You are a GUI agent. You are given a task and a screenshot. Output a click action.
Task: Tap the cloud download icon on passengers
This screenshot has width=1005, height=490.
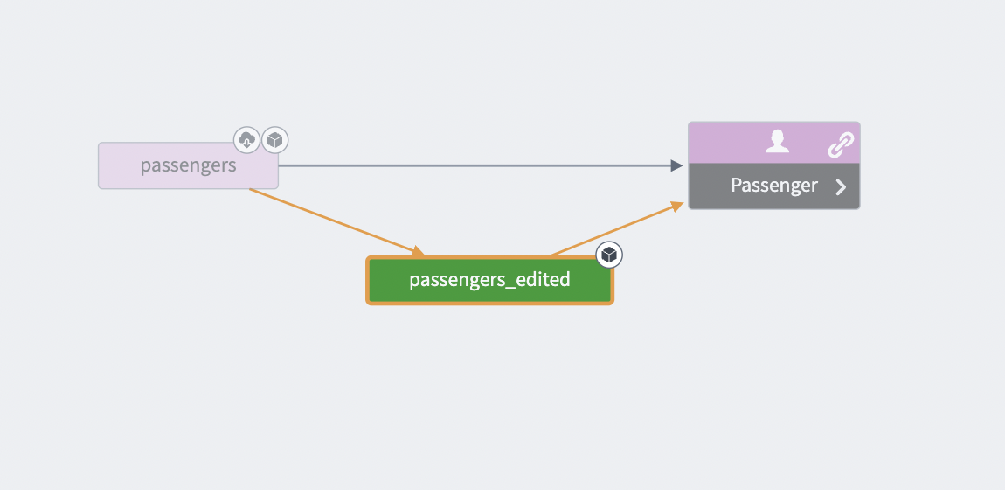tap(246, 139)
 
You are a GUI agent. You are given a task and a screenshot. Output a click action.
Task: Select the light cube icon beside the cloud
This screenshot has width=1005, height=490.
tap(275, 139)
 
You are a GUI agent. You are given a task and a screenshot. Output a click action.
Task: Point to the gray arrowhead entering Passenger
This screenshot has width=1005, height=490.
tap(676, 165)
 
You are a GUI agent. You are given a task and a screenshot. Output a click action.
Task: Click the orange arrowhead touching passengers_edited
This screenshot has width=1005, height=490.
tap(419, 254)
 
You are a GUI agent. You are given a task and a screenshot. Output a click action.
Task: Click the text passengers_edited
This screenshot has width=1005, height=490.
tap(489, 280)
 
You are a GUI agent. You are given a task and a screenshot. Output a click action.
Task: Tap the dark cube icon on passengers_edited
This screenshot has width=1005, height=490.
tap(610, 255)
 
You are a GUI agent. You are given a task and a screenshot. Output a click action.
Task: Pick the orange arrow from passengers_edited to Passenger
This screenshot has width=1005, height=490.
tap(612, 230)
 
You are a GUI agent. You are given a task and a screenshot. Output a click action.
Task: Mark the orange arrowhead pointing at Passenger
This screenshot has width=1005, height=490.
tap(676, 205)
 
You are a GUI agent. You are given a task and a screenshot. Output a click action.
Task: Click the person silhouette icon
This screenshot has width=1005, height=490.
tap(775, 142)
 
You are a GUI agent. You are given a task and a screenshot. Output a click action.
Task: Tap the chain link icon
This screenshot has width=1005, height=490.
tap(840, 145)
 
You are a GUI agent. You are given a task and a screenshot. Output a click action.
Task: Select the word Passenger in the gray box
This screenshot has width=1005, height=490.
tap(774, 185)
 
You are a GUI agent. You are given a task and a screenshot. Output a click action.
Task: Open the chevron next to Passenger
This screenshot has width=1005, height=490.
tap(841, 186)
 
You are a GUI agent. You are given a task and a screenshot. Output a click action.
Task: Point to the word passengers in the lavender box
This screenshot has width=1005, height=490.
tap(188, 165)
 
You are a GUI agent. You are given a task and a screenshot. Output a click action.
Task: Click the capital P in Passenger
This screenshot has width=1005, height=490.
tap(736, 185)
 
